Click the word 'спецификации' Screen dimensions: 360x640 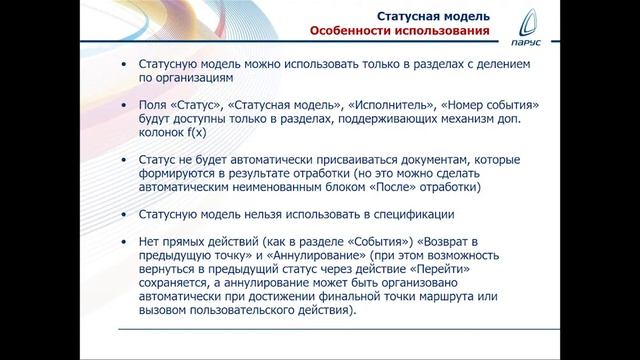click(x=410, y=214)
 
